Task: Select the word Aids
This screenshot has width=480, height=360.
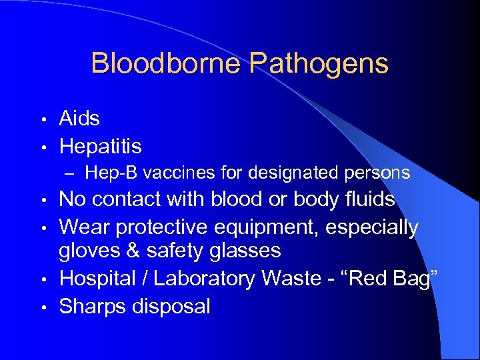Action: pyautogui.click(x=79, y=119)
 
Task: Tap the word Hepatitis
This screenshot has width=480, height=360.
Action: pyautogui.click(x=100, y=146)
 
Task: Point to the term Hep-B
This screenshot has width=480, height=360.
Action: pyautogui.click(x=109, y=173)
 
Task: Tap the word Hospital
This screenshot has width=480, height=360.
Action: pyautogui.click(x=99, y=279)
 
